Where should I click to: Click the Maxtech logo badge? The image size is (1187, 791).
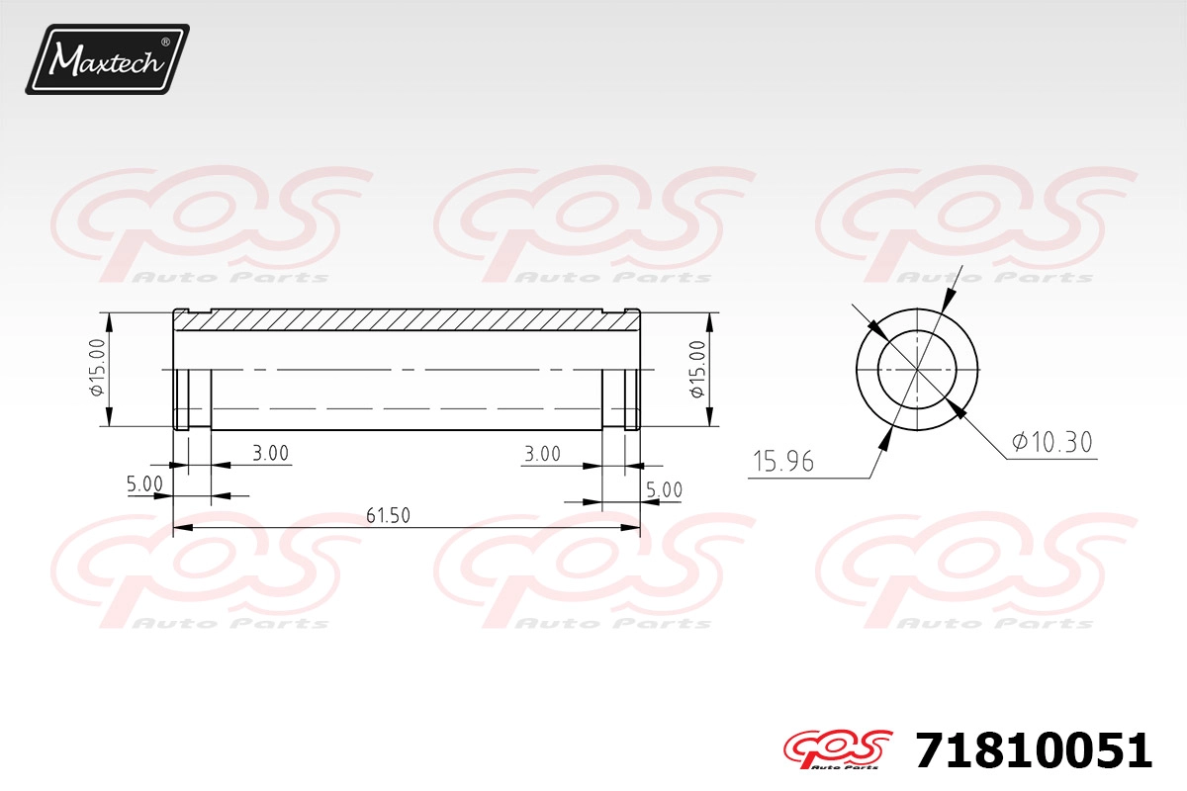(107, 59)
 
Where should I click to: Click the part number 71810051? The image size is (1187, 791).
(1034, 750)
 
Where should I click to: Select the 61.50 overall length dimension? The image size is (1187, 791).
(388, 515)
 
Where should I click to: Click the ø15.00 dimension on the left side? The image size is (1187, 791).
(98, 367)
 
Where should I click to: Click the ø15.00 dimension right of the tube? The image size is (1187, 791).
(698, 369)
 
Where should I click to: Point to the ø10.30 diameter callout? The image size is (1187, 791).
(1051, 442)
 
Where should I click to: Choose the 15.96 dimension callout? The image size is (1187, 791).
(783, 462)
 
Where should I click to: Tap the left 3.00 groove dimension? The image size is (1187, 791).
(270, 453)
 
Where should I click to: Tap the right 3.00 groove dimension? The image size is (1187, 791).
(542, 454)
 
